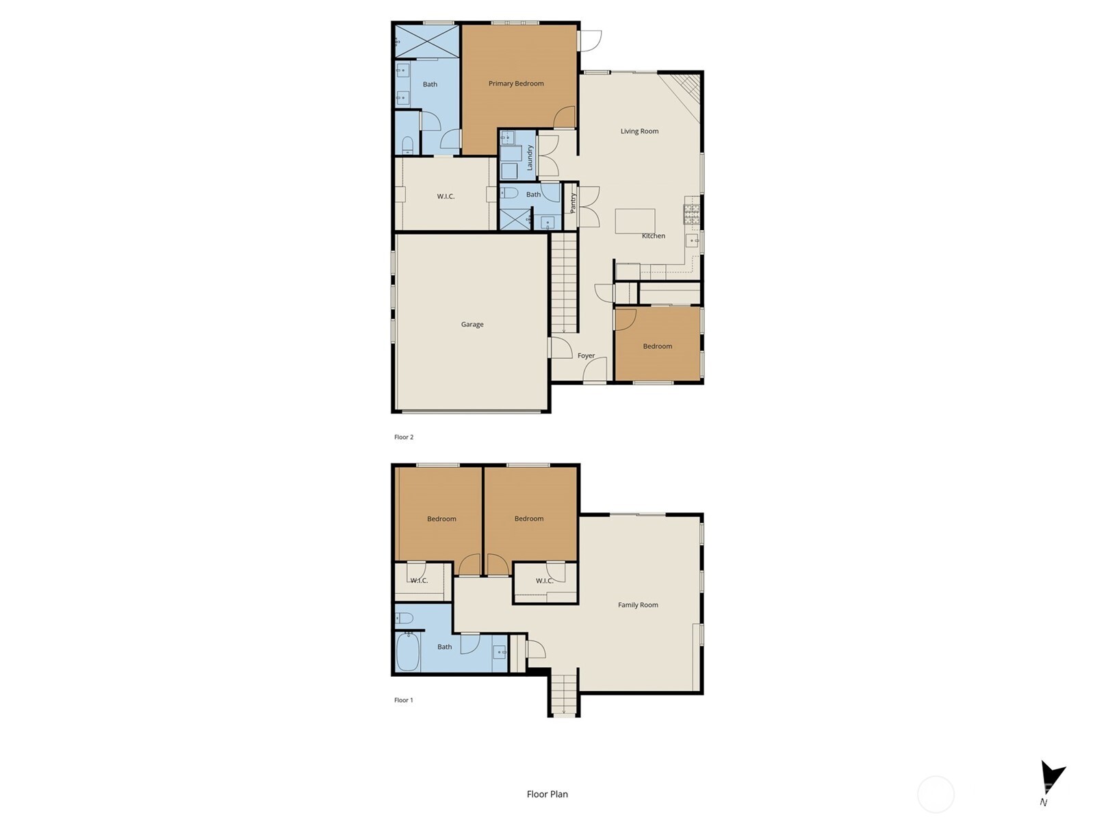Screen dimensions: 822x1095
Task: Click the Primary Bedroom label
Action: pos(516,84)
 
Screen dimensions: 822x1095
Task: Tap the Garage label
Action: pos(472,325)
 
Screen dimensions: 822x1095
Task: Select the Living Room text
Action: pos(639,132)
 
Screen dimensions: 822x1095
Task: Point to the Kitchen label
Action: pos(653,236)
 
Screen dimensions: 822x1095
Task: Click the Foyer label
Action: pos(586,356)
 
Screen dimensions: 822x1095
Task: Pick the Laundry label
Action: pos(530,158)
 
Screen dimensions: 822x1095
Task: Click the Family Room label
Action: pos(638,606)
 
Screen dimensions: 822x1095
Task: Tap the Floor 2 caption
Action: pos(404,437)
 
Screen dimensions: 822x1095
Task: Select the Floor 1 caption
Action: pos(404,700)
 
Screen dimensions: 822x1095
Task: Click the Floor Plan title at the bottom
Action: pos(547,795)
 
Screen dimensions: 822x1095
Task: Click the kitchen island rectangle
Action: pos(635,221)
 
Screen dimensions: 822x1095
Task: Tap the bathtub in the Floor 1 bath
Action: pos(408,652)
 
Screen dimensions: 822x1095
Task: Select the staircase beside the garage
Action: pos(565,282)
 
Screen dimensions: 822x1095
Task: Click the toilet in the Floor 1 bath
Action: pos(404,618)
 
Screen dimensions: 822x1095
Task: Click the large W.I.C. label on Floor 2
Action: pos(446,197)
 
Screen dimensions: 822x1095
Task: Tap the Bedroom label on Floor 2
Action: pos(657,347)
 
